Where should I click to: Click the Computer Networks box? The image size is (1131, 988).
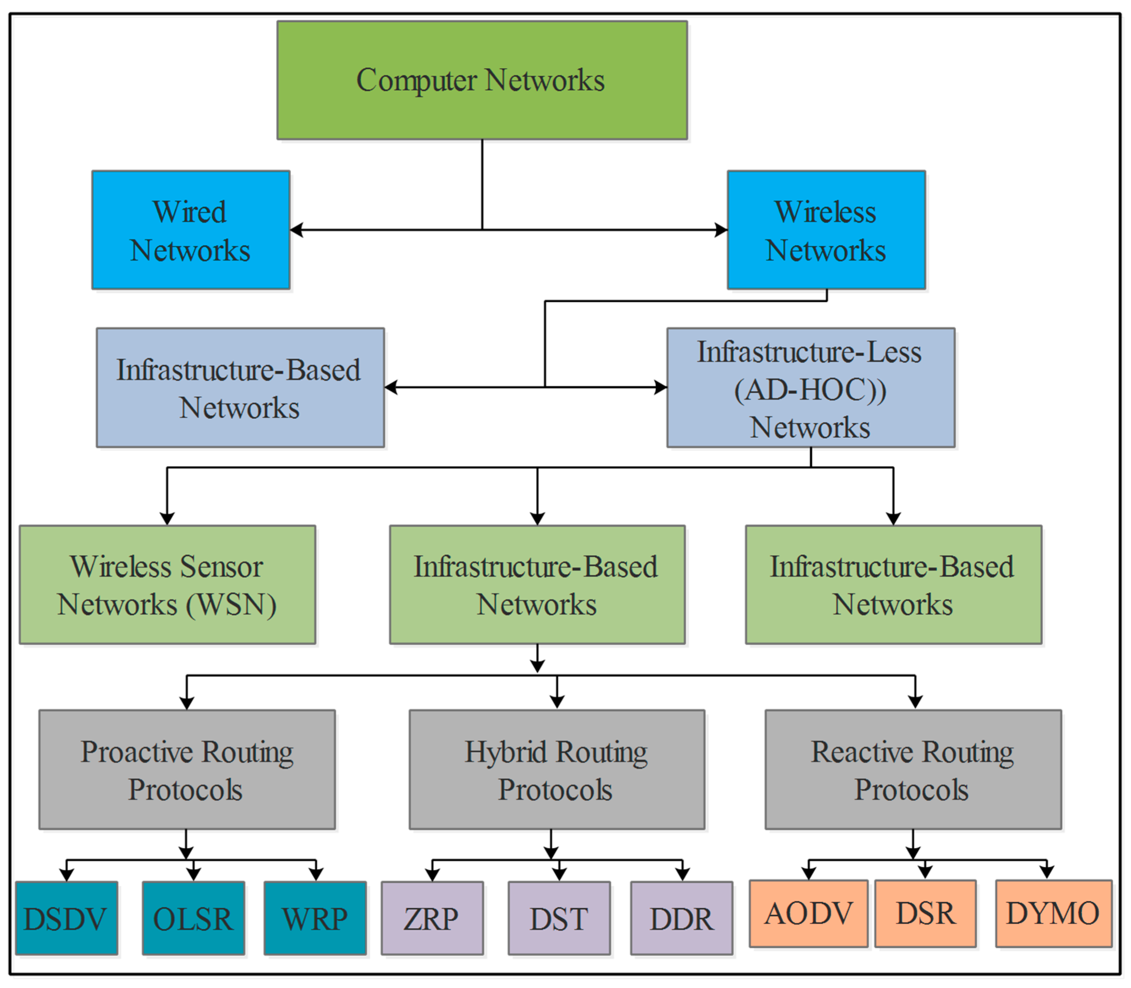point(482,80)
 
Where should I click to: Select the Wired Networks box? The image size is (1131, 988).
point(191,230)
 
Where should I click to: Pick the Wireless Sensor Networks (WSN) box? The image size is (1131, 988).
point(167,584)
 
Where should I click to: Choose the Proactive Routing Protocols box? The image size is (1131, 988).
point(187,769)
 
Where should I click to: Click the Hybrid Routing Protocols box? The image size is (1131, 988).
point(557,769)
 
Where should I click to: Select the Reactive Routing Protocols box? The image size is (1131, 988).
point(913,769)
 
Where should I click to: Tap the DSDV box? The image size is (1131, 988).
point(66,918)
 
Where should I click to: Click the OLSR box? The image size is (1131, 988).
point(193,918)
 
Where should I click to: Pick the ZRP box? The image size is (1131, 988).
point(432,918)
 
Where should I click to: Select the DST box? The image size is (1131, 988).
point(559,918)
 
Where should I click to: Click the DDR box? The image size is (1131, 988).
point(681,918)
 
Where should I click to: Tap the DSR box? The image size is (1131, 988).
point(925,914)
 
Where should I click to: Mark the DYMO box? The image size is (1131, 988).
point(1053,914)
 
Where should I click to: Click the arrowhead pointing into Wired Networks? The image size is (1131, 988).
point(296,230)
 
